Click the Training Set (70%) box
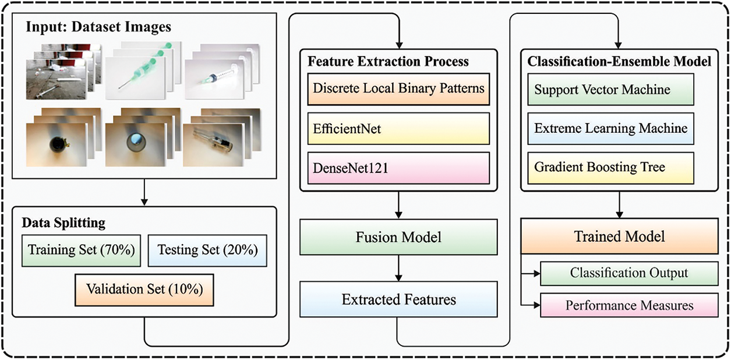click(81, 250)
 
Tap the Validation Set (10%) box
click(144, 289)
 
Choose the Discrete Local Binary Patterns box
click(398, 89)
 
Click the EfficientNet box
click(398, 128)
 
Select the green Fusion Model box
click(398, 237)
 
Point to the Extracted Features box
click(398, 299)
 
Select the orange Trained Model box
click(619, 237)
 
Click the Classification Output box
click(628, 273)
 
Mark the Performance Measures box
click(628, 305)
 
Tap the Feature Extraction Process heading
click(388, 61)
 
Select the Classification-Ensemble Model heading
click(619, 61)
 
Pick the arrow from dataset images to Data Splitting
click(144, 192)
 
